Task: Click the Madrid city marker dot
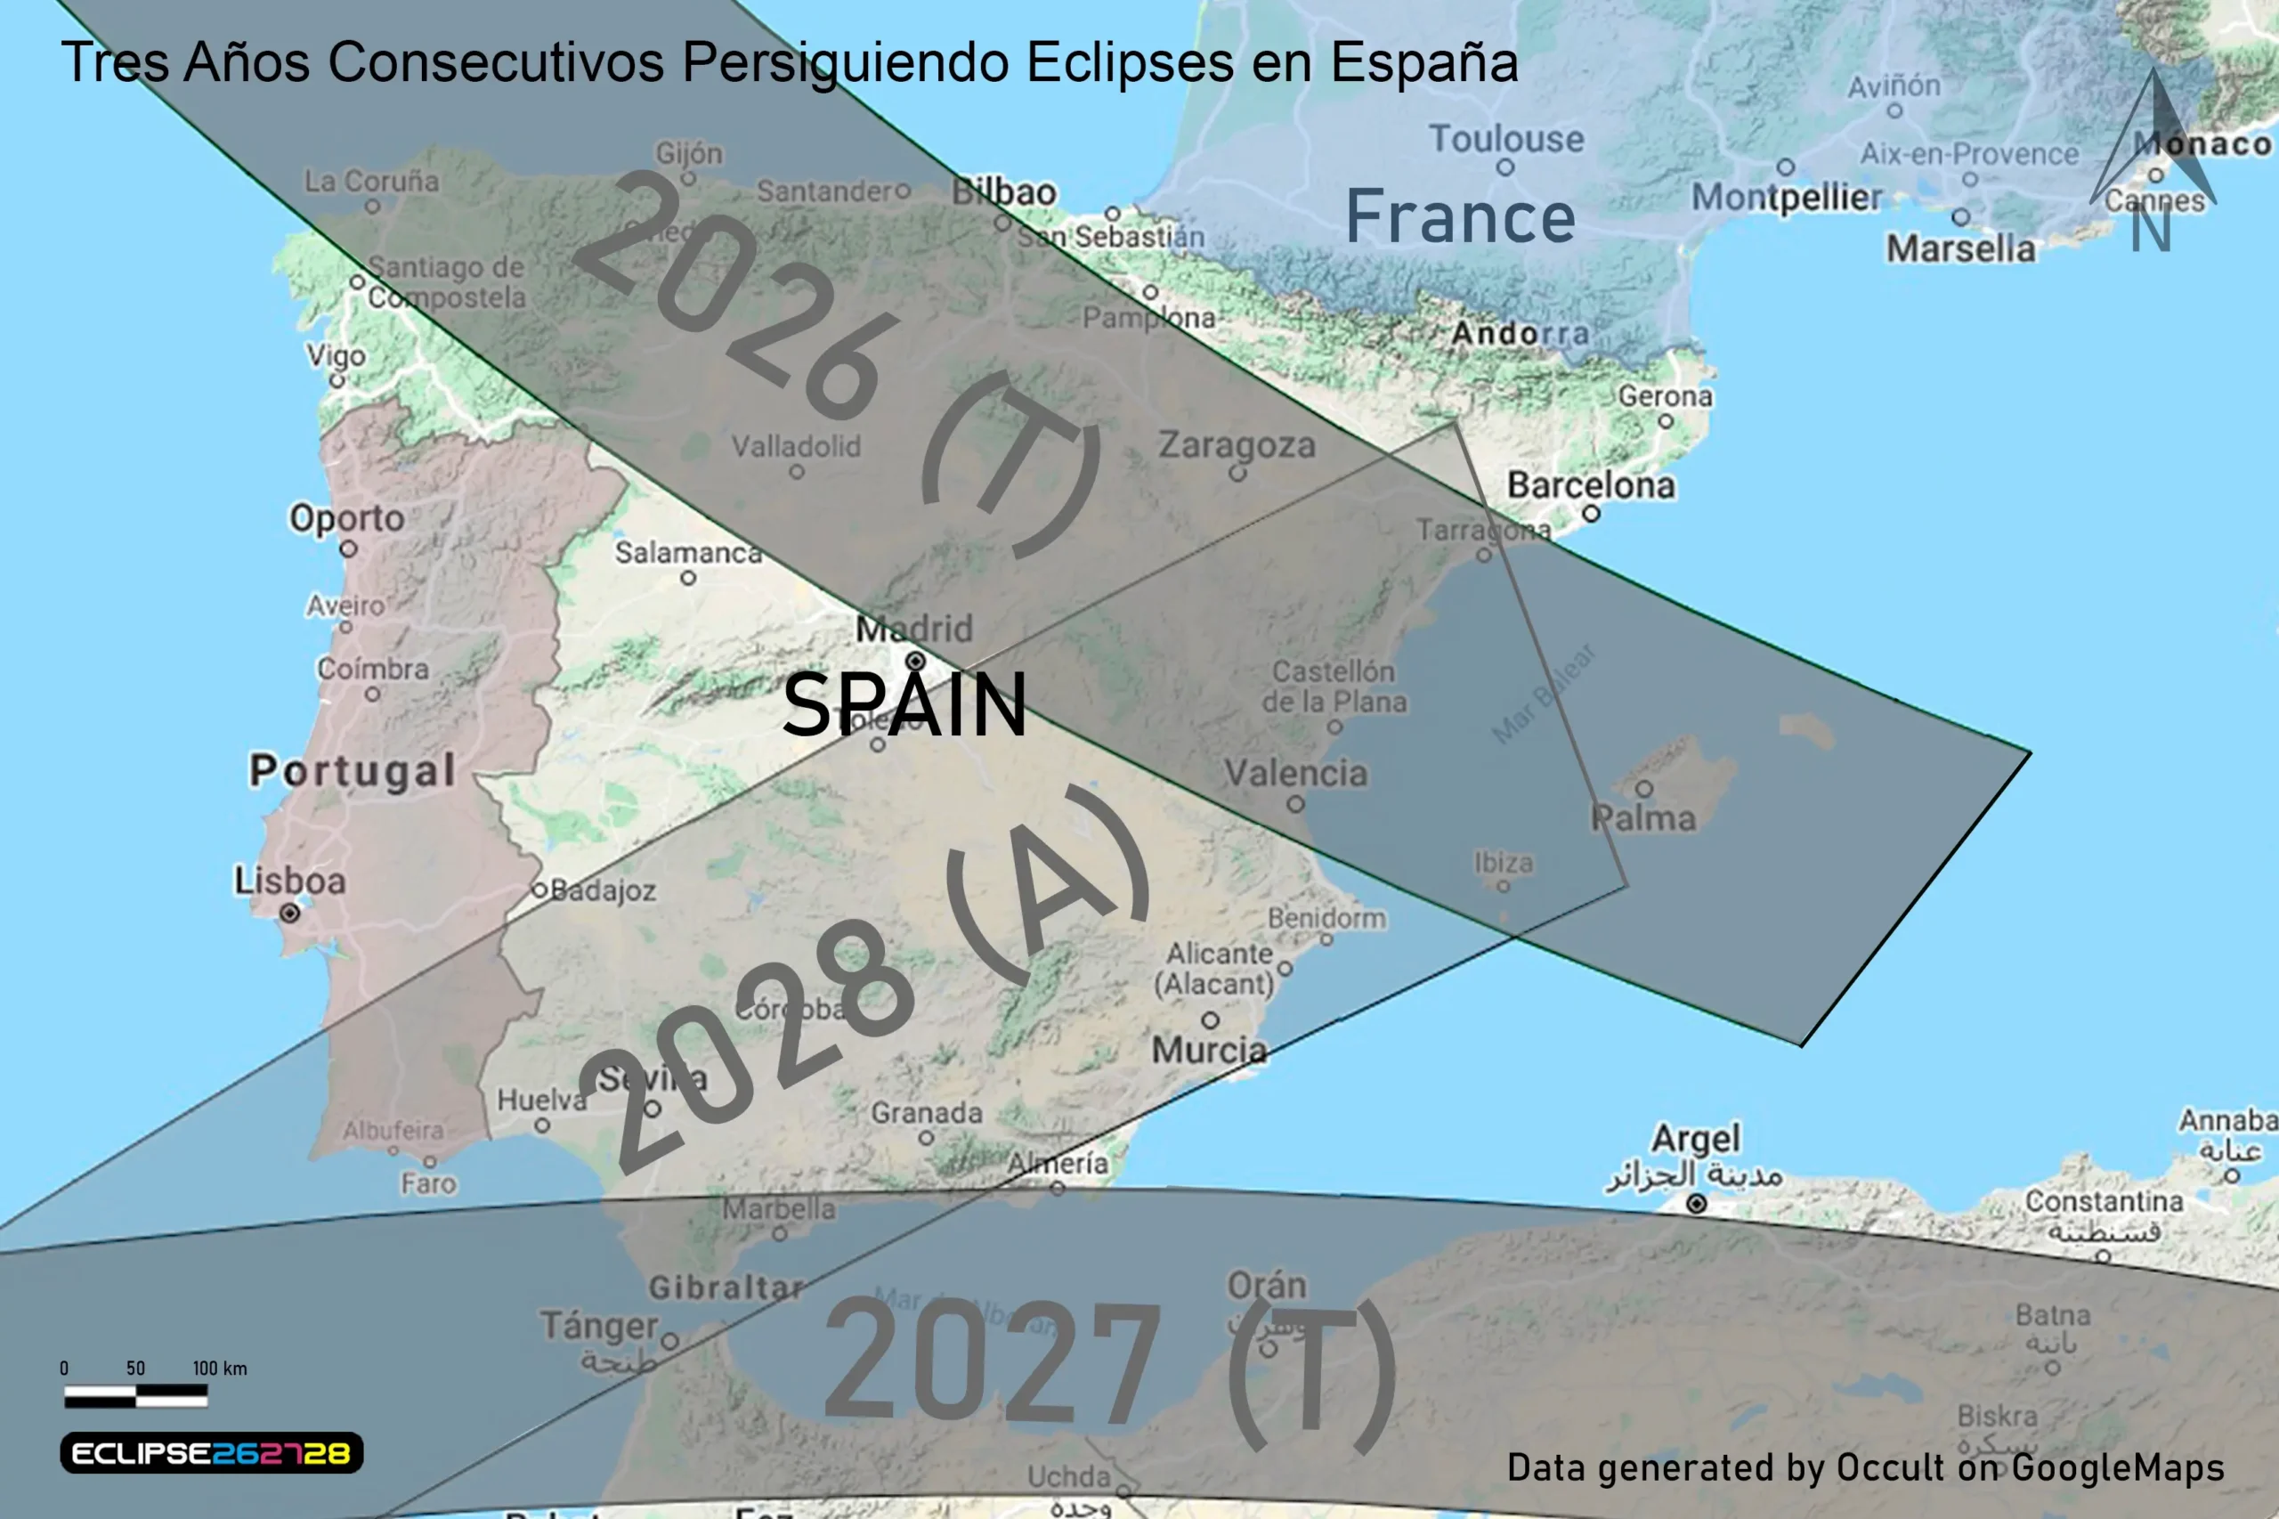tap(915, 662)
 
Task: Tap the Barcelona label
tap(1590, 485)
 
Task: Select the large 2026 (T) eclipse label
tap(838, 363)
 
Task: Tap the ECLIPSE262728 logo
tap(211, 1453)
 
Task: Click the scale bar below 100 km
tap(135, 1396)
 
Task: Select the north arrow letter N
tap(2150, 231)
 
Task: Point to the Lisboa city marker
tap(288, 913)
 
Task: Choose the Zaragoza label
tap(1237, 445)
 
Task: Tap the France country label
tap(1460, 217)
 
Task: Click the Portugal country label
tap(353, 771)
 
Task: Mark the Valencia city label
tap(1295, 774)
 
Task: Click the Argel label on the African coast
tap(1695, 1138)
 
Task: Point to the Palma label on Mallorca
tap(1643, 818)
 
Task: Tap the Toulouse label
tap(1506, 139)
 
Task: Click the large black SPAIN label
tap(904, 705)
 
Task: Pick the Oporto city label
tap(346, 519)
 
